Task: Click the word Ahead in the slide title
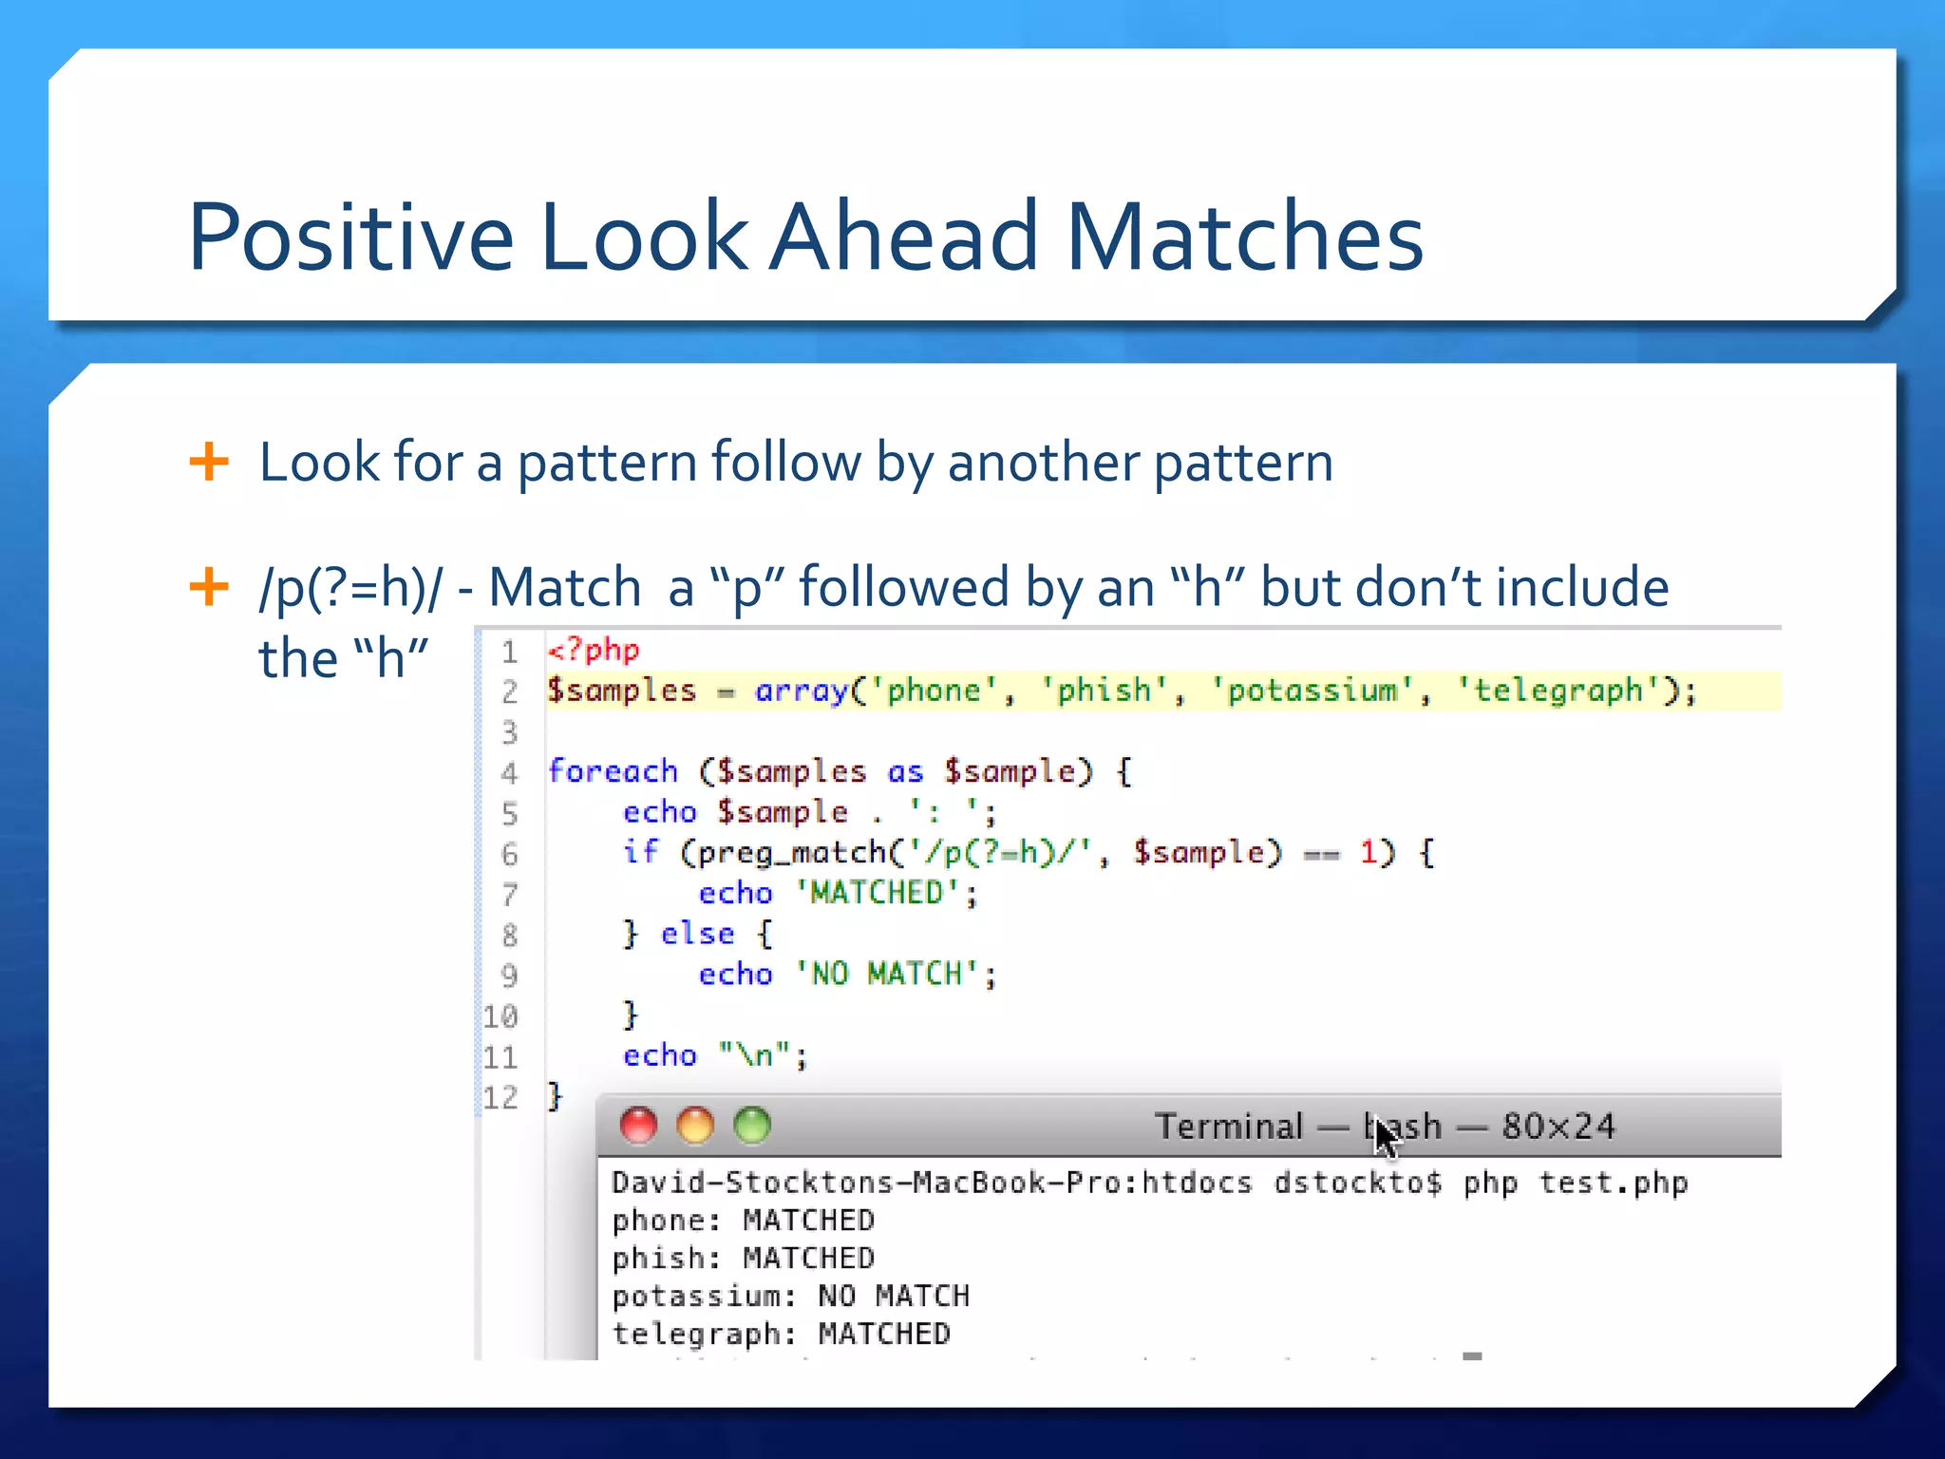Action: point(904,237)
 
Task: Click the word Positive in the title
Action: point(350,237)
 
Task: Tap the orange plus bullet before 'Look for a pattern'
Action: point(209,463)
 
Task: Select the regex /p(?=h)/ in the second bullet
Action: point(350,588)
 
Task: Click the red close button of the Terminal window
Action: point(638,1126)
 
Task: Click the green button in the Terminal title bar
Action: point(752,1126)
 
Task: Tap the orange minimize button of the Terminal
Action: point(695,1126)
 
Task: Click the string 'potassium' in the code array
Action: point(1312,691)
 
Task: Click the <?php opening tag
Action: point(594,651)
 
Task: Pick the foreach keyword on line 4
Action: point(614,771)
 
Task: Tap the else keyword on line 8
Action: point(697,934)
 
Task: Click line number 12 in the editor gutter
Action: point(500,1098)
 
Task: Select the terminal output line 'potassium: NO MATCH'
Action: point(790,1297)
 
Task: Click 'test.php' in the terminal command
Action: point(1613,1184)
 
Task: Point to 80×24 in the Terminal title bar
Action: point(1558,1127)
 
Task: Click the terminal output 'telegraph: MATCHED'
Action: point(781,1335)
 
